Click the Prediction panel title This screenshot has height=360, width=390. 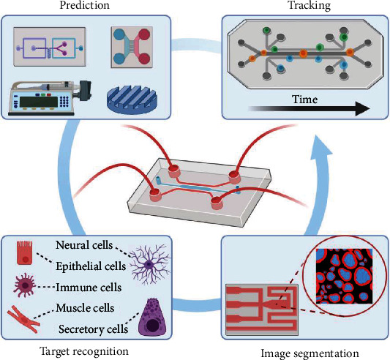85,5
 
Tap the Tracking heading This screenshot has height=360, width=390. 310,5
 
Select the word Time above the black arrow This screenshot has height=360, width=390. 305,100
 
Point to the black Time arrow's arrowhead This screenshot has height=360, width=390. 363,109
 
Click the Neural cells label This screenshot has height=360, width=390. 84,245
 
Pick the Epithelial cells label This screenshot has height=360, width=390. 91,266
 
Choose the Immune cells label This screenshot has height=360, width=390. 89,288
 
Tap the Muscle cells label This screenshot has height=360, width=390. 85,308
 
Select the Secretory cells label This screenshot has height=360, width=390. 93,329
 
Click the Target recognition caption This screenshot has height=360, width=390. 84,352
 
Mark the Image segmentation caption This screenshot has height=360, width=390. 310,353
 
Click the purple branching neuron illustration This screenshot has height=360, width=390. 149,264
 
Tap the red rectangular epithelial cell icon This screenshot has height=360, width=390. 25,252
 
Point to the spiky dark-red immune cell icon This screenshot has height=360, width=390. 25,286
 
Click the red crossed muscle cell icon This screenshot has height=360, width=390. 23,319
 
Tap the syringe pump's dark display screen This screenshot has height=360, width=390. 38,102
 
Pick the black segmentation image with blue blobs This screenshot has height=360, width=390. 344,276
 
